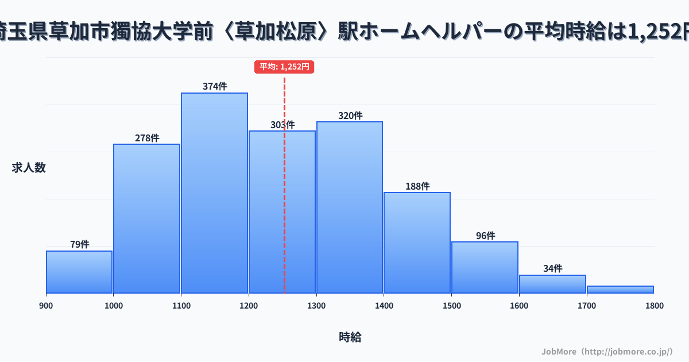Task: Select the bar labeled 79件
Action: (79, 272)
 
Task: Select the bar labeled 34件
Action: (552, 284)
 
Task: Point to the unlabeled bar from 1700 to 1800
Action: (620, 290)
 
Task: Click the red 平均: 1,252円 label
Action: (284, 67)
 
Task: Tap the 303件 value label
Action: (282, 125)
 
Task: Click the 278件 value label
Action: (147, 138)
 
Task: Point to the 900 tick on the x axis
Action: (46, 306)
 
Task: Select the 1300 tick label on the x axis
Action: (316, 306)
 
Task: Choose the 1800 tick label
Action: (654, 306)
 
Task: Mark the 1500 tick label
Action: (451, 306)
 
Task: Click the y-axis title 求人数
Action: (29, 168)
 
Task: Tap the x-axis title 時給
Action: (350, 337)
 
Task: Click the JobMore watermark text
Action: (607, 351)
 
